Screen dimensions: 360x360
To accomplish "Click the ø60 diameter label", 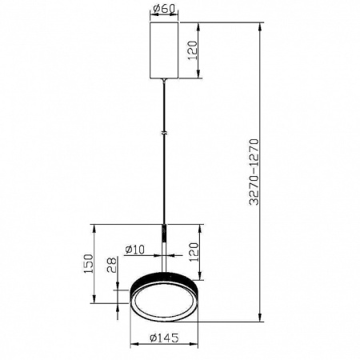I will click(x=164, y=10).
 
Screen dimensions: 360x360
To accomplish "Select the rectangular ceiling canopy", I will click(x=164, y=49).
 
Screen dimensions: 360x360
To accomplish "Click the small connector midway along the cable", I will click(x=164, y=133).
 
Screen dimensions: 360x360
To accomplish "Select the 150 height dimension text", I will click(x=90, y=264).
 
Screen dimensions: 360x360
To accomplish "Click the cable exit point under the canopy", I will click(x=164, y=80).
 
